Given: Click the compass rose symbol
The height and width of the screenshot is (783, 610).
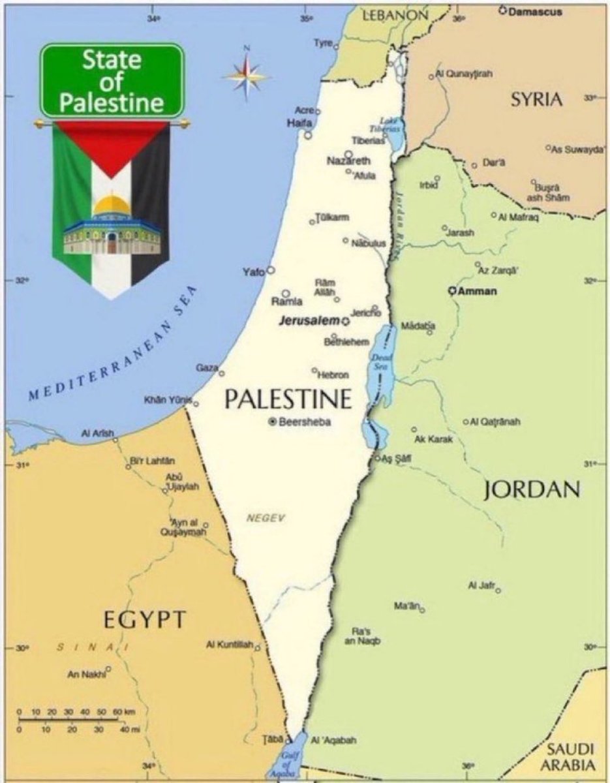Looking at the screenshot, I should click(247, 75).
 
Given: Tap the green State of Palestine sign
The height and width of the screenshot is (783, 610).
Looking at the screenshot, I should click(112, 80).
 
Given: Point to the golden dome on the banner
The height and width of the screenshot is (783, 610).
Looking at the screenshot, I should click(112, 206).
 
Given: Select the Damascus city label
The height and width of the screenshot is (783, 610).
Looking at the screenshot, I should click(534, 12).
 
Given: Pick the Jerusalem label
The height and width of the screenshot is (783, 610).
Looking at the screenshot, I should click(309, 320).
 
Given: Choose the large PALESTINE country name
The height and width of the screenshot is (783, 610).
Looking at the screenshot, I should click(288, 399).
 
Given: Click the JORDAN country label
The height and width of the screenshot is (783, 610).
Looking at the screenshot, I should click(532, 489).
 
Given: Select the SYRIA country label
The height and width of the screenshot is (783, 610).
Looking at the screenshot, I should click(536, 99).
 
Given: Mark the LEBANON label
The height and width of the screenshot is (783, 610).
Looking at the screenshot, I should click(395, 14).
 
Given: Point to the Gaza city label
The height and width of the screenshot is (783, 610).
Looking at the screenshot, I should click(207, 369).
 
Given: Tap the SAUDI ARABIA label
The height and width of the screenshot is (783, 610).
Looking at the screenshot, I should click(570, 756).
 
